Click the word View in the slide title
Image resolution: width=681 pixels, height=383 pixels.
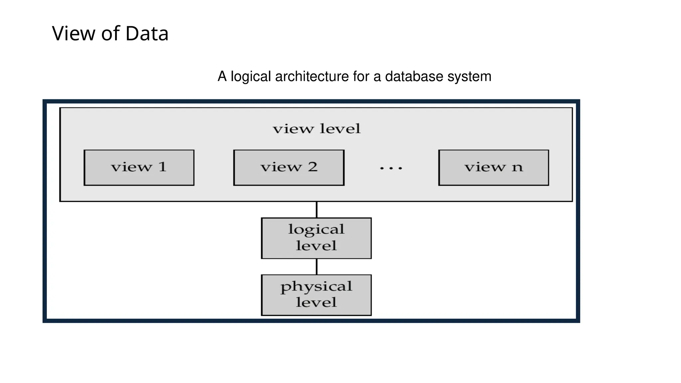point(73,34)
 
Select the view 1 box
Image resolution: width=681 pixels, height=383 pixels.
point(139,168)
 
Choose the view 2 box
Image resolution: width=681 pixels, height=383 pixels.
point(289,168)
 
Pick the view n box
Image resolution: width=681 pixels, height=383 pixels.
point(493,168)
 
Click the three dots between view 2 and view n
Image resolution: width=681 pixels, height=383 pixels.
point(391,169)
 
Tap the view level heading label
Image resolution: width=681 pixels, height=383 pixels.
point(317,129)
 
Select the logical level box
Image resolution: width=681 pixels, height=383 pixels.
point(316,238)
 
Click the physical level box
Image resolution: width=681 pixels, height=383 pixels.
point(316,295)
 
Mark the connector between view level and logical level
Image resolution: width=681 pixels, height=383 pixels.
point(317,210)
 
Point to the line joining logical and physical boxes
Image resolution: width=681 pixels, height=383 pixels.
point(317,267)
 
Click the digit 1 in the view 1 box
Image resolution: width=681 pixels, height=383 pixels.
point(162,167)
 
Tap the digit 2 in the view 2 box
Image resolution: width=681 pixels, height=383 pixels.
point(312,167)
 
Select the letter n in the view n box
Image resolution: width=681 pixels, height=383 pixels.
point(517,168)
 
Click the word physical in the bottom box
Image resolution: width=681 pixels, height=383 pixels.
point(316,287)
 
